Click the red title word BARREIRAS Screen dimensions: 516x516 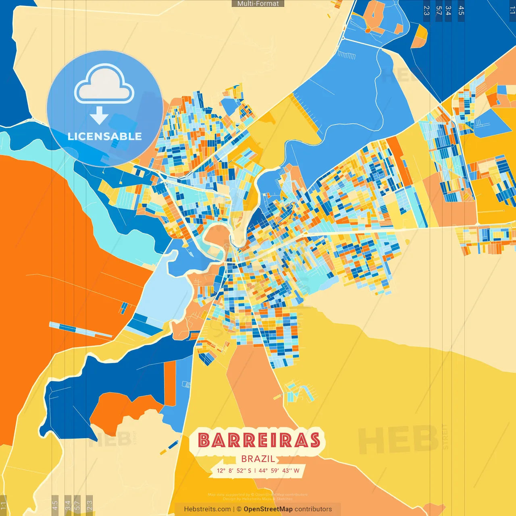(259, 440)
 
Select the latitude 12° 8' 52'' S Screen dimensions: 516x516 (234, 470)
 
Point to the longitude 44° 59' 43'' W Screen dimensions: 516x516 (279, 470)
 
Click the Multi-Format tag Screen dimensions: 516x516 (258, 4)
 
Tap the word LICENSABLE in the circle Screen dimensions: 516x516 (105, 136)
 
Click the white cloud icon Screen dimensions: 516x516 (104, 84)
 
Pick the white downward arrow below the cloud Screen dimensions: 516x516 (99, 115)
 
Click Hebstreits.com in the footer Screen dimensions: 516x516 (207, 509)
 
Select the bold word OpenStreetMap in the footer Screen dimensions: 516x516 (268, 509)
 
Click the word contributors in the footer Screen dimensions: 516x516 (313, 509)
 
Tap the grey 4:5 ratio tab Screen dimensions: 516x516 (55, 505)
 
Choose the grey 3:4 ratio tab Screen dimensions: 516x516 (68, 505)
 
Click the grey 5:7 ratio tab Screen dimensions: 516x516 (77, 505)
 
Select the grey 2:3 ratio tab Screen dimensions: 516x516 (89, 505)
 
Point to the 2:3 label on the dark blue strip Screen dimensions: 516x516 (427, 10)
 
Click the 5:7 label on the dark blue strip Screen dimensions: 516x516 (439, 10)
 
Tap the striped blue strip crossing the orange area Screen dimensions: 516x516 (81, 330)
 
